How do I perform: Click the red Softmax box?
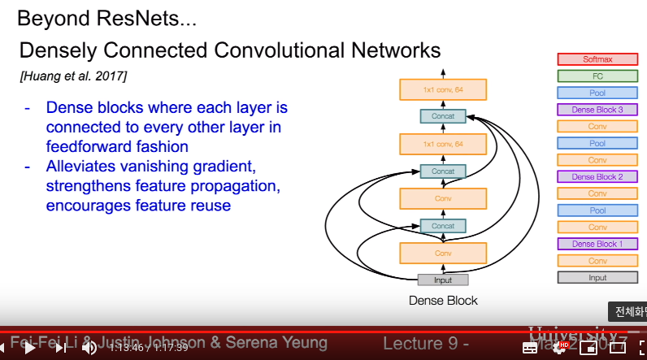pos(597,59)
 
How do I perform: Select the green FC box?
pos(597,76)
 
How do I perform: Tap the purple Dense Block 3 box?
pos(597,110)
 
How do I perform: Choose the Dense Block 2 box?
pos(597,176)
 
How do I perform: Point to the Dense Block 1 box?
pos(597,244)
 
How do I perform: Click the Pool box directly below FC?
pos(597,93)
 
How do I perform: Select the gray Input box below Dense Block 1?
pos(597,277)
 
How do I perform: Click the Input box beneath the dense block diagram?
pos(443,280)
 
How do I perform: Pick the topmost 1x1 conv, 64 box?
pos(443,89)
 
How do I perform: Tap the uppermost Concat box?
pos(443,116)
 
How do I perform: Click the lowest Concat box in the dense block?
pos(443,225)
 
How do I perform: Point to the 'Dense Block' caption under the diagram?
pos(443,301)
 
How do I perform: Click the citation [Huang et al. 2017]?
pos(72,76)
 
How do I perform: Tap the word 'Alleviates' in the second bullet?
pos(85,167)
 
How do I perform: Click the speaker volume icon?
pos(89,347)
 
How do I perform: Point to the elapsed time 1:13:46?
pos(125,347)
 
